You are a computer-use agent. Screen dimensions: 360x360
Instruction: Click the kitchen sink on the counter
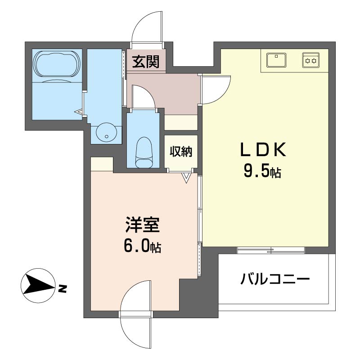(x=277, y=59)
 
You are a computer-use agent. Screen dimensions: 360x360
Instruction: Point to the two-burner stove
(x=310, y=59)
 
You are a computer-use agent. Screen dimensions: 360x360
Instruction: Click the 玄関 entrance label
(x=145, y=62)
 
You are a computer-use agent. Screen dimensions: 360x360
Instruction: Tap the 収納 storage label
(x=181, y=152)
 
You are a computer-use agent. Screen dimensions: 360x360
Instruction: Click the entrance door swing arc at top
(x=145, y=27)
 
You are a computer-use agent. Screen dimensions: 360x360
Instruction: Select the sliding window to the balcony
(x=270, y=250)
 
